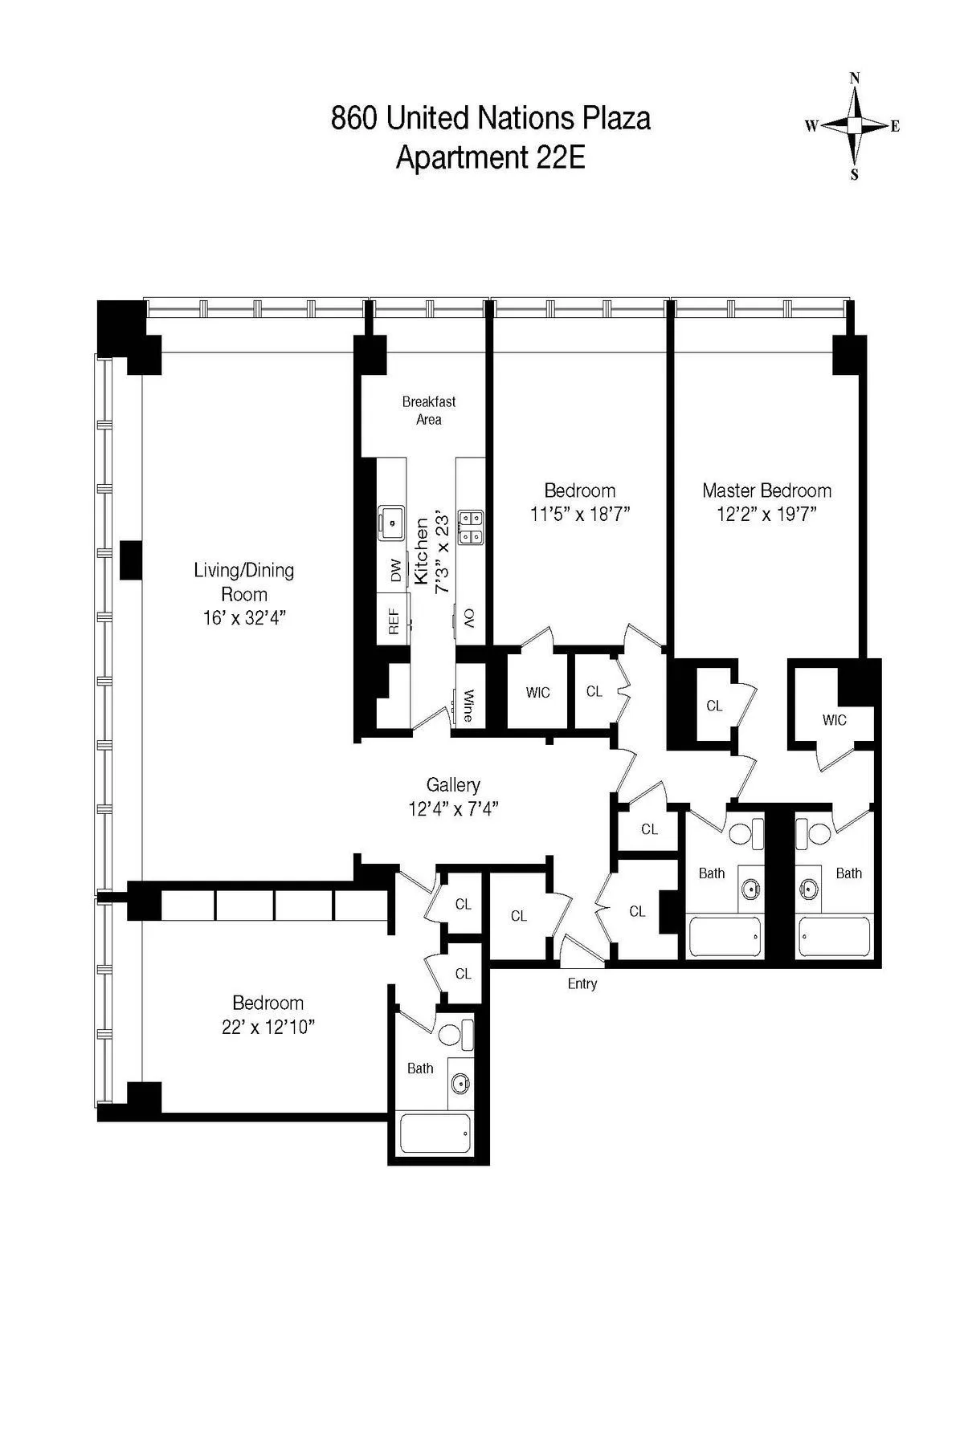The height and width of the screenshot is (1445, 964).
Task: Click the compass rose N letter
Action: [x=855, y=78]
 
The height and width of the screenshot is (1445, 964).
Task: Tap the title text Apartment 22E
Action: [x=490, y=157]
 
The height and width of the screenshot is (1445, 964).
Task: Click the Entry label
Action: [x=582, y=983]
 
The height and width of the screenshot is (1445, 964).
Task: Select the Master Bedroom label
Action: [x=766, y=490]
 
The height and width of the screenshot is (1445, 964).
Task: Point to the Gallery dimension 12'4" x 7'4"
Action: [x=454, y=809]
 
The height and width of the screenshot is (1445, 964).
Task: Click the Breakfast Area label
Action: [x=429, y=410]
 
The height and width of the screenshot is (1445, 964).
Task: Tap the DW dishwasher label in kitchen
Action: [x=395, y=572]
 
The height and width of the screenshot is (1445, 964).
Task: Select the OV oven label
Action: [x=469, y=618]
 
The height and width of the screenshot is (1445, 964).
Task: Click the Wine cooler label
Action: [x=468, y=706]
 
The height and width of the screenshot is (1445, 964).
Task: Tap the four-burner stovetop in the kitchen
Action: [x=470, y=527]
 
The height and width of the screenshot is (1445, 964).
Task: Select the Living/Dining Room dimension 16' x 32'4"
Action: [x=244, y=618]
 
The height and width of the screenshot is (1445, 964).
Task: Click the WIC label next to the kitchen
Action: [x=537, y=692]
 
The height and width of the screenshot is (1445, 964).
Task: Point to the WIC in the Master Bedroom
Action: [x=834, y=720]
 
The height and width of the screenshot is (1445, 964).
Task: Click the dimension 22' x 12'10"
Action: [x=268, y=1027]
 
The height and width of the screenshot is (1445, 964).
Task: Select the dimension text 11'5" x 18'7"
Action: [x=579, y=515]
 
